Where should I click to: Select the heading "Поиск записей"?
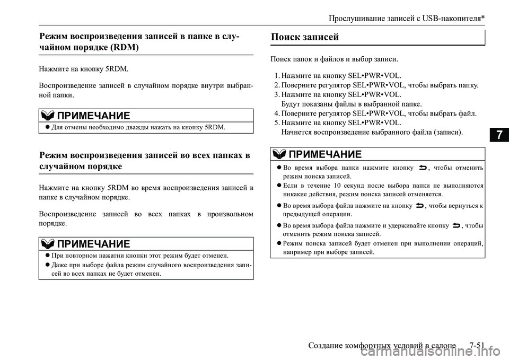(305, 37)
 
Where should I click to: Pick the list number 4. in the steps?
(277, 113)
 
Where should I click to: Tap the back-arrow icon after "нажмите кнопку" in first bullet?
(423, 168)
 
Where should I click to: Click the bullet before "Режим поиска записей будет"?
(278, 243)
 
